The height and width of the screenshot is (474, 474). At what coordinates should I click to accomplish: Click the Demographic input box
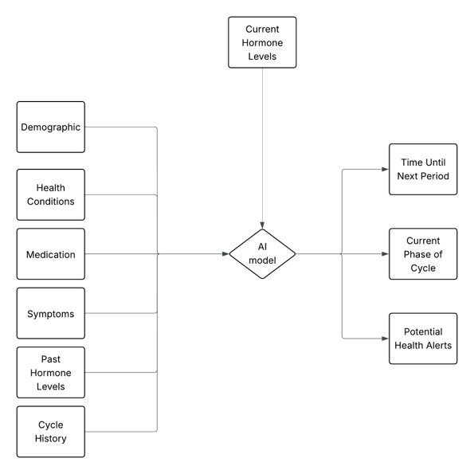(x=51, y=127)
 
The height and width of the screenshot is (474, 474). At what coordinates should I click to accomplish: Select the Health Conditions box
(x=51, y=194)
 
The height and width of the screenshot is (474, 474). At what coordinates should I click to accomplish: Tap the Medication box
(x=51, y=254)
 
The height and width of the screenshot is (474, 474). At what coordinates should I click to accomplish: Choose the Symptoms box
(x=51, y=313)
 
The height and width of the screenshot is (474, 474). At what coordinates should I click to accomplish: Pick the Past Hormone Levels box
(x=51, y=372)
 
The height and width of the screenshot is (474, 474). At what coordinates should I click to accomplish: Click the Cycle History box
(x=51, y=431)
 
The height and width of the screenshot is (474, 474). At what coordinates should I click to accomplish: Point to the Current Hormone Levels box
(x=262, y=42)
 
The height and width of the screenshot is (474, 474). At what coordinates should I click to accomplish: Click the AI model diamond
(x=262, y=254)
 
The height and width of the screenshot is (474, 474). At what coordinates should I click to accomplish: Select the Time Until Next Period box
(x=423, y=169)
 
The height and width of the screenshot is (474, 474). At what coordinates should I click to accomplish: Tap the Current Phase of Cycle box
(x=423, y=254)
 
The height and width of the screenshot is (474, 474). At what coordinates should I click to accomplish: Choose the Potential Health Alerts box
(x=423, y=339)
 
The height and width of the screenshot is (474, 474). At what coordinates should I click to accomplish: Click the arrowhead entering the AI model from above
(x=262, y=226)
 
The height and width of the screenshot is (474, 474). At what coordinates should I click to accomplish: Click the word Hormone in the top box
(x=262, y=43)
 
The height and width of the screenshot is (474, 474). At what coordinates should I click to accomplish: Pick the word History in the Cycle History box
(x=51, y=438)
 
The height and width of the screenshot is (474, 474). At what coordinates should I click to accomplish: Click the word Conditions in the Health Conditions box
(x=51, y=202)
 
